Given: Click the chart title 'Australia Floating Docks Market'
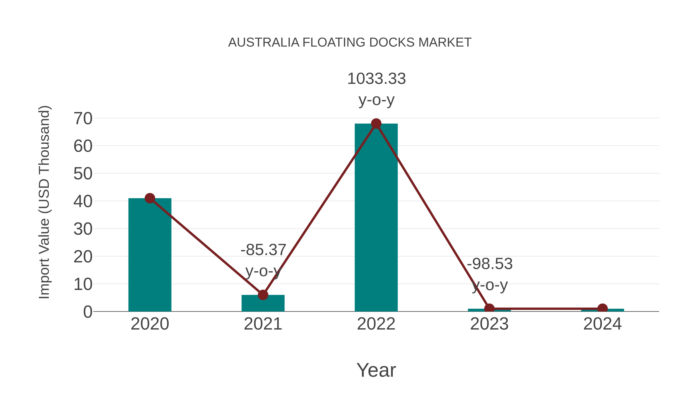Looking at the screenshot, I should [350, 43].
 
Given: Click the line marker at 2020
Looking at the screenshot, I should [150, 198].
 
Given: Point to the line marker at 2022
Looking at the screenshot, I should [376, 124].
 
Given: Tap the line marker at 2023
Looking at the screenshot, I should [489, 308].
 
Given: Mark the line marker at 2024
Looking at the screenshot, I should [602, 308].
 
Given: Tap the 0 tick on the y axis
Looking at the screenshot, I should [87, 312].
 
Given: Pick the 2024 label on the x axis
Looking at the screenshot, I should [602, 324].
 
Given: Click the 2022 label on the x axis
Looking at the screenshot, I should [376, 324].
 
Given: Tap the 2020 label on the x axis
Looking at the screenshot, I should [150, 324].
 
